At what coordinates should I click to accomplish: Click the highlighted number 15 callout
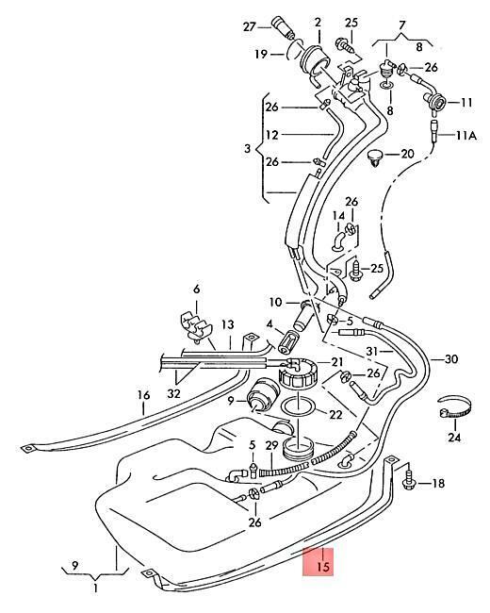tap(323, 566)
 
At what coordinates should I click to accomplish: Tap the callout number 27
tap(250, 27)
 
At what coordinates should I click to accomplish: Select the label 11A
tap(466, 136)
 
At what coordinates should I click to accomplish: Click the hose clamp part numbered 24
tap(454, 407)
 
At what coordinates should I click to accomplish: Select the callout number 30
tap(451, 359)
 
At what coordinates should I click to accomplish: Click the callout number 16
tap(144, 395)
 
